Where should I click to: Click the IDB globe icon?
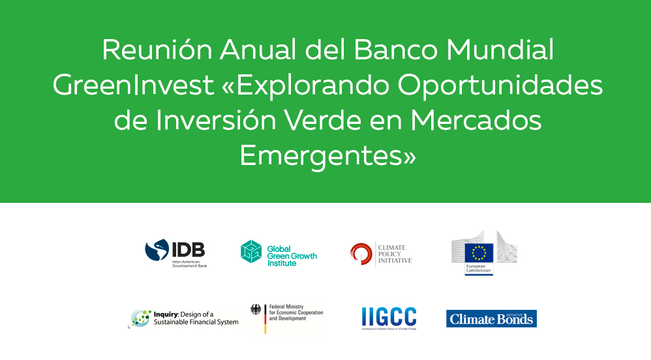(x=157, y=250)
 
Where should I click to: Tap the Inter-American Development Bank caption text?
(x=189, y=264)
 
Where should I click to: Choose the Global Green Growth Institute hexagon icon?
(x=251, y=252)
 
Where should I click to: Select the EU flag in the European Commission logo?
(x=479, y=253)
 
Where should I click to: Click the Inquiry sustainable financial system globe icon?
(x=140, y=318)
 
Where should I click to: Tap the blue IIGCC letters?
(x=389, y=317)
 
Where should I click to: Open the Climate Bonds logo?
(x=491, y=318)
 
